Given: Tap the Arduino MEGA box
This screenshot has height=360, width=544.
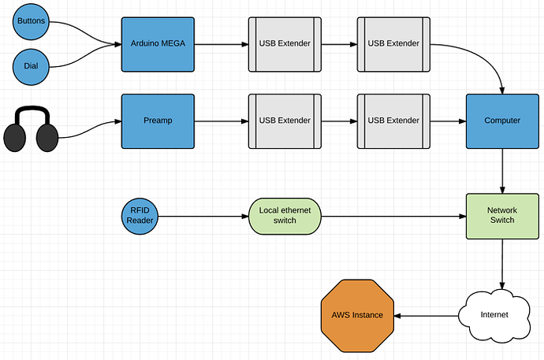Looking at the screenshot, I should click(158, 43).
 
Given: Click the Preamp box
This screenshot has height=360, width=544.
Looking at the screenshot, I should click(158, 121).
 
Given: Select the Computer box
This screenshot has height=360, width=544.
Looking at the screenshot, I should click(502, 121).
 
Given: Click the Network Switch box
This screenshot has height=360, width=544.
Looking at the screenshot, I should click(502, 216).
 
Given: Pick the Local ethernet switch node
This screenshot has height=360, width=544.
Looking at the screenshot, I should click(285, 216).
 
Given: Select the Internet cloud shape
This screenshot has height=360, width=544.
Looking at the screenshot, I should click(495, 314).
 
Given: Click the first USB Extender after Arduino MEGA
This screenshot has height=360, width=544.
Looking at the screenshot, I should click(285, 43).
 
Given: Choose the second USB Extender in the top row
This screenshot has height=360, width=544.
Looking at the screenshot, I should click(393, 43).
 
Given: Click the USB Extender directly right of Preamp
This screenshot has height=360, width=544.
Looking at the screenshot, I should click(285, 121).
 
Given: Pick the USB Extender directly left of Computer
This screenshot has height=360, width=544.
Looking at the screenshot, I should click(393, 121).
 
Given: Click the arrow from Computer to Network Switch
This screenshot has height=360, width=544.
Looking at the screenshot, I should click(502, 169).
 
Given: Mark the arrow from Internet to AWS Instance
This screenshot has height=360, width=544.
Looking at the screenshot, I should click(426, 315).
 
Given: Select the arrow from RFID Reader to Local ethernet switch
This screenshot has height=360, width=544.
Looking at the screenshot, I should click(205, 216).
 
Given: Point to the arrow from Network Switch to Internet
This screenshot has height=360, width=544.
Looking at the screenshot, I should click(502, 264).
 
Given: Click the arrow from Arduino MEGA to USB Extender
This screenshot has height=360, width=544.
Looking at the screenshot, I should click(221, 43).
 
